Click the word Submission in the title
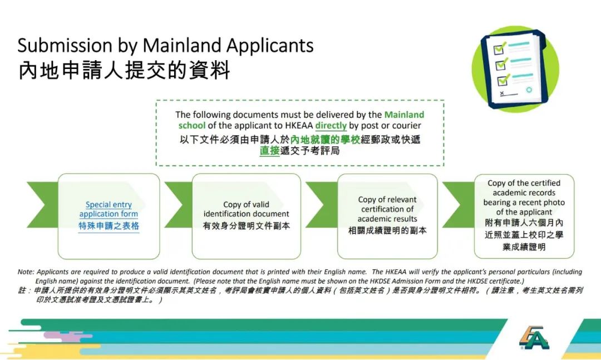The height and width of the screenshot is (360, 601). [65, 46]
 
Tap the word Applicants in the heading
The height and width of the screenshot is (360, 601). [269, 46]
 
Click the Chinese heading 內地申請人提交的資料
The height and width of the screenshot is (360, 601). [124, 70]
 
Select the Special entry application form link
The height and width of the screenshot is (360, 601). [109, 209]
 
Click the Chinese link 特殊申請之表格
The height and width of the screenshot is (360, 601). [109, 226]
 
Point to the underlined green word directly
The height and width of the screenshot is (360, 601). [331, 126]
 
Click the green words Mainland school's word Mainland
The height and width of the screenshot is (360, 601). [404, 115]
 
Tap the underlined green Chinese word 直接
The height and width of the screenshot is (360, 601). [269, 151]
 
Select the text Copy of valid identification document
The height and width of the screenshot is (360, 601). [246, 209]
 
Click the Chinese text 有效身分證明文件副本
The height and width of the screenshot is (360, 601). [246, 226]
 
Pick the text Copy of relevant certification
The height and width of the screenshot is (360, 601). [387, 204]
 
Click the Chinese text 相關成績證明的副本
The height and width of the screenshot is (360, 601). [387, 230]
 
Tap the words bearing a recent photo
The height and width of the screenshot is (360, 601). [524, 203]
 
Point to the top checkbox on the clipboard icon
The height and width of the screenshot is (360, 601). [499, 49]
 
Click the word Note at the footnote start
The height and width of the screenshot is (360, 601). [25, 272]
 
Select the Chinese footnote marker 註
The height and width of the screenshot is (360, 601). [23, 290]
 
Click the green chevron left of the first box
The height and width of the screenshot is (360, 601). [42, 204]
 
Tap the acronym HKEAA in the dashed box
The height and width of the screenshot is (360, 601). [299, 126]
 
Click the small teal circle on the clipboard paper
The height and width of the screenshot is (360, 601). [529, 90]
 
